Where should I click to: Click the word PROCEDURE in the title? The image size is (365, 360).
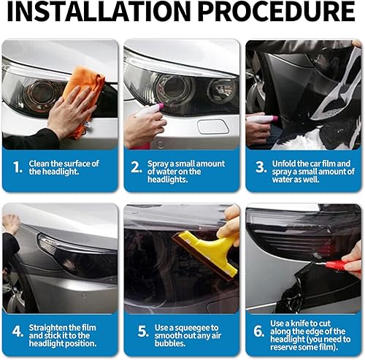[x=277, y=12]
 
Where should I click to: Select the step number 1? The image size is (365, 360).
[x=18, y=167]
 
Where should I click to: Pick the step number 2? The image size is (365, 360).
[x=137, y=167]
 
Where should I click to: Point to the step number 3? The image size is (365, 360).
[x=261, y=167]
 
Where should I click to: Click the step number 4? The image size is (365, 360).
[x=18, y=332]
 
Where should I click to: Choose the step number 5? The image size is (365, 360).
[x=143, y=332]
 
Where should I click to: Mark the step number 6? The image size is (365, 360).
[x=258, y=332]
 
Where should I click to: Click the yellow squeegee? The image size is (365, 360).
[x=210, y=253]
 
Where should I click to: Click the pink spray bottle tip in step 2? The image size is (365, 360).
[x=161, y=106]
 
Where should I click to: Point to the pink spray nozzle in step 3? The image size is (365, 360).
[x=275, y=118]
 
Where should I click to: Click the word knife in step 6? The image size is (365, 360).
[x=301, y=323]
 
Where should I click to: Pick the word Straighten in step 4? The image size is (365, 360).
[x=48, y=328]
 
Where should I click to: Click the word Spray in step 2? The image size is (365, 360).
[x=155, y=164]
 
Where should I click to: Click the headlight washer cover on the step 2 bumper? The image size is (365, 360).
[x=213, y=127]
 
